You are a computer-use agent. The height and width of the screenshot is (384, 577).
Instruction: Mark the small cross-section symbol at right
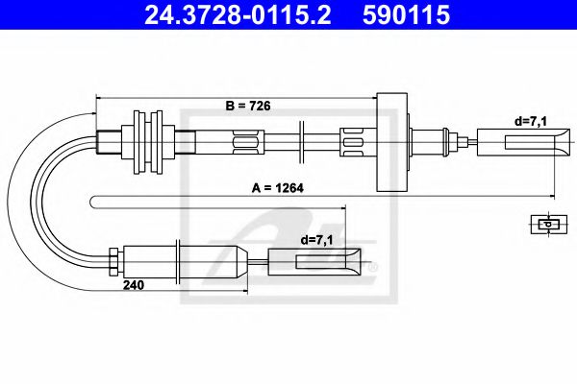[546, 224]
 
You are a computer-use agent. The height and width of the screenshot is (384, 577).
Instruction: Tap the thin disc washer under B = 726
[301, 144]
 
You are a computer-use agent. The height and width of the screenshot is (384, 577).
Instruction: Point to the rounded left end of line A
[93, 200]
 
